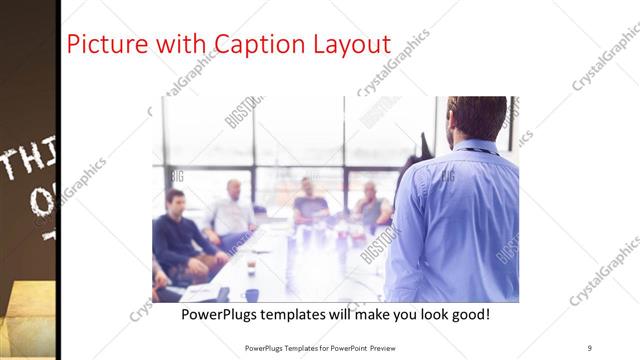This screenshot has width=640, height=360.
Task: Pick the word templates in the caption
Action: point(301,314)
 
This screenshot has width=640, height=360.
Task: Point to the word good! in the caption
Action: point(467,314)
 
